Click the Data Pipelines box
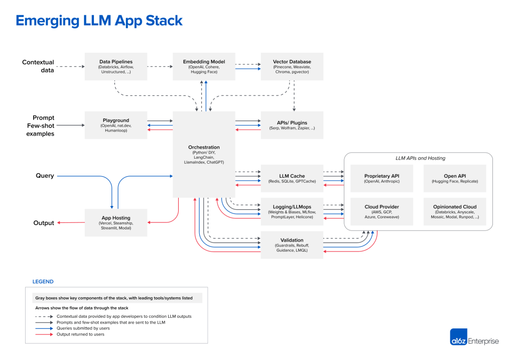click(x=116, y=66)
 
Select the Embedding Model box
click(x=204, y=66)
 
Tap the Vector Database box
click(x=292, y=66)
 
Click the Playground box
click(x=116, y=125)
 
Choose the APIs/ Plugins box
click(x=292, y=125)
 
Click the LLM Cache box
click(x=292, y=178)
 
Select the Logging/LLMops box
click(x=292, y=211)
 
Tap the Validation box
click(x=292, y=245)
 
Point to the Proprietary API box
click(x=381, y=178)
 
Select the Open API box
click(x=455, y=178)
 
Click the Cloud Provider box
click(x=381, y=211)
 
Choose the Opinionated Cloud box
click(x=455, y=211)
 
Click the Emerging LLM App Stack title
click(x=99, y=21)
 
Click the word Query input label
click(x=45, y=176)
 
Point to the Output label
click(x=44, y=223)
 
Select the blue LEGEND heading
click(x=43, y=282)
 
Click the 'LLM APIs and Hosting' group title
click(x=420, y=158)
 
